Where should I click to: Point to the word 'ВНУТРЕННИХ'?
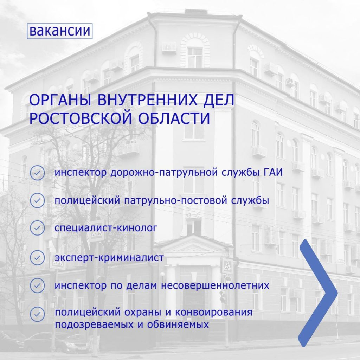(147, 100)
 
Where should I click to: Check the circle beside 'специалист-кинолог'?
(37, 228)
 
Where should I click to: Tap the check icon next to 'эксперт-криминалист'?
(37, 258)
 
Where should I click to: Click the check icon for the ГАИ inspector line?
(37, 173)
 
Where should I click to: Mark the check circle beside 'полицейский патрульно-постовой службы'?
(37, 201)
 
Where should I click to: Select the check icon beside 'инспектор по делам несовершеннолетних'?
(37, 285)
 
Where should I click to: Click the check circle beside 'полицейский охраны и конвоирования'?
(37, 314)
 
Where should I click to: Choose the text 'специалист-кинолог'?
(106, 228)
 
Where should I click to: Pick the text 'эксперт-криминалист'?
(109, 258)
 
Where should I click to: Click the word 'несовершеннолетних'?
(215, 285)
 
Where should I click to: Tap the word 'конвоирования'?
(214, 313)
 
